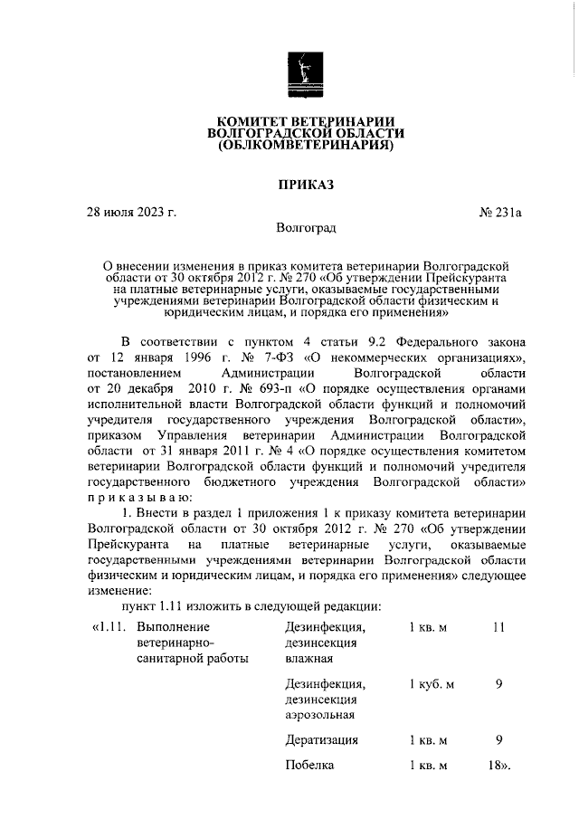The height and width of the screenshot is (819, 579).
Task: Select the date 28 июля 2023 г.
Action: [x=131, y=213]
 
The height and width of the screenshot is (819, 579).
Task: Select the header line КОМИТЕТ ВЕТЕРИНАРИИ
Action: [x=305, y=121]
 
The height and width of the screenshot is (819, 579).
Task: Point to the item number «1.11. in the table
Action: [x=109, y=626]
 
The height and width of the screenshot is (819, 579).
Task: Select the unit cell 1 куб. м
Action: [x=431, y=684]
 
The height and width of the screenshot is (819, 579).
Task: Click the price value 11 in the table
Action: [x=498, y=626]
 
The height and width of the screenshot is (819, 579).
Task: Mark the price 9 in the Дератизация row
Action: [x=499, y=740]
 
